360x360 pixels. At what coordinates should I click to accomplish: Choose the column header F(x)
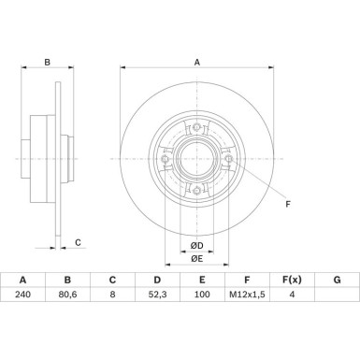pos(292,278)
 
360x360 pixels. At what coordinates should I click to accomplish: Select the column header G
pos(337,278)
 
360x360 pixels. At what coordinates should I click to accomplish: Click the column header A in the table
pos(22,278)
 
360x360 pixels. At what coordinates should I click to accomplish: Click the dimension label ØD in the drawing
pos(195,245)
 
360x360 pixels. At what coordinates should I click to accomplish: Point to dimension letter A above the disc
pos(195,65)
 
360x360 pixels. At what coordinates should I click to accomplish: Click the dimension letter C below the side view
pos(79,242)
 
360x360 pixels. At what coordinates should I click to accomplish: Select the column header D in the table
pos(157,278)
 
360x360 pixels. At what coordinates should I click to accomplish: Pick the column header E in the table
pos(202,278)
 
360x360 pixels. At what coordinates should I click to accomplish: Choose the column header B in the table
pos(67,278)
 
